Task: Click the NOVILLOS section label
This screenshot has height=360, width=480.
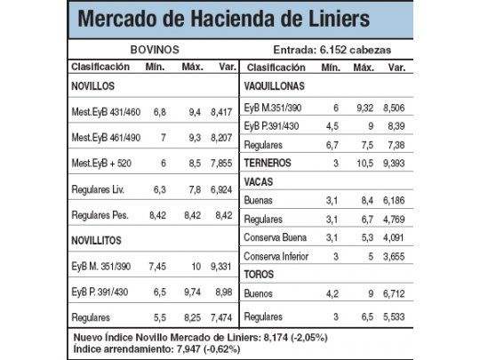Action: point(95,86)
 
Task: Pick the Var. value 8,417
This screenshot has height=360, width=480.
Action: point(220,113)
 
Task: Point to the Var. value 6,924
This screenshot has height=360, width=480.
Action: point(220,189)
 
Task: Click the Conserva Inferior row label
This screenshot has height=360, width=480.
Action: point(280,254)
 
